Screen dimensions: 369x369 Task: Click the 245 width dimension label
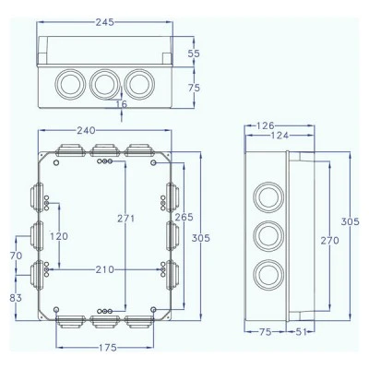pos(104,22)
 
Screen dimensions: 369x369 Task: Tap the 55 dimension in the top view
pos(194,54)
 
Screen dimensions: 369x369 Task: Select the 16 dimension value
pos(122,104)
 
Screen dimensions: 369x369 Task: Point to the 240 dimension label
pos(86,131)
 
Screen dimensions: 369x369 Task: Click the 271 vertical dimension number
pos(126,219)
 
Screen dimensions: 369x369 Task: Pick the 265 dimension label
pos(184,217)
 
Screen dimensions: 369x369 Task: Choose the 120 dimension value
pos(59,236)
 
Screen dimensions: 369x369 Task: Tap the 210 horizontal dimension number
pos(104,269)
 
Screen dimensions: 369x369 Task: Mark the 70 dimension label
pos(16,256)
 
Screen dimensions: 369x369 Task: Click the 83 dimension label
pos(16,298)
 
